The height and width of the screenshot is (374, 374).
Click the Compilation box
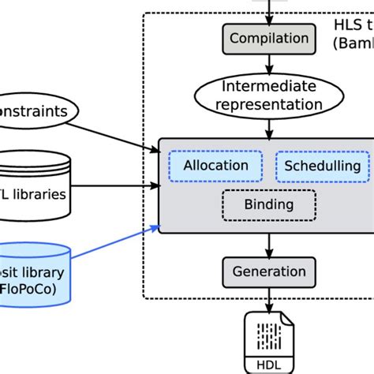[x=269, y=38]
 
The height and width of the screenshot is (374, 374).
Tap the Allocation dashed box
[x=215, y=166]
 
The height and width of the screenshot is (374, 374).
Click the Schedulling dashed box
[x=322, y=166]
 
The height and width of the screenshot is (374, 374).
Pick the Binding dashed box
[x=268, y=205]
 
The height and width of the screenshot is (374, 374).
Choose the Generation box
[x=269, y=272]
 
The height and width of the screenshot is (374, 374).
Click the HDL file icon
[x=269, y=338]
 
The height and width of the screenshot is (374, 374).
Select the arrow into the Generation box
[x=269, y=245]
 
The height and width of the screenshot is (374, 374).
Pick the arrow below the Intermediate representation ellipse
[x=269, y=125]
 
